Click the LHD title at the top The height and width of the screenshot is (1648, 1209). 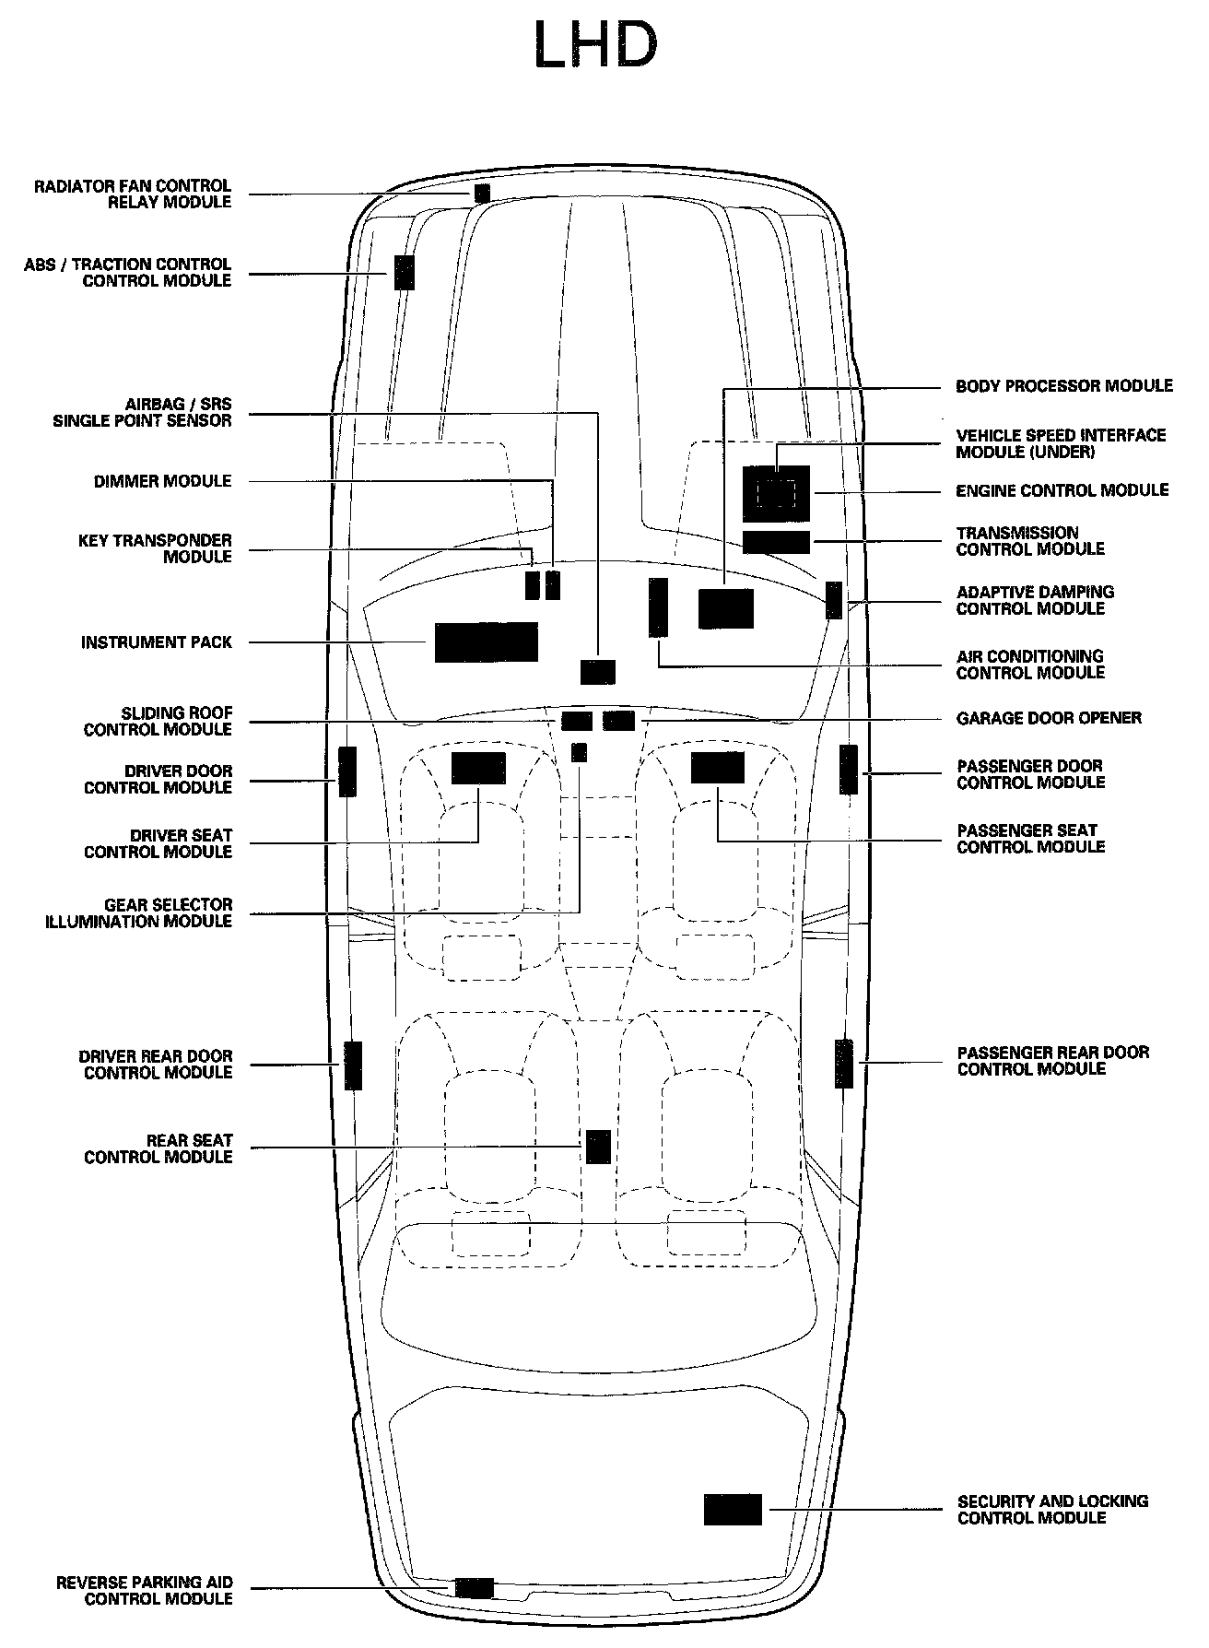[595, 46]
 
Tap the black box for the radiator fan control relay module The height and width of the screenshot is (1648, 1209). [482, 194]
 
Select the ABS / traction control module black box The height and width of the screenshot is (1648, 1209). [404, 272]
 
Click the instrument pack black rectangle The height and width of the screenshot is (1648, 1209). [486, 642]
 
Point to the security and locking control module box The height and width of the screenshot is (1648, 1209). [733, 1509]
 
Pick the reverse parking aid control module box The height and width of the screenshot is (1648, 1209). [474, 1587]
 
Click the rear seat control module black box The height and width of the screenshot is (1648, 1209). [598, 1146]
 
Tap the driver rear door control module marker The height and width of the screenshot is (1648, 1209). [353, 1065]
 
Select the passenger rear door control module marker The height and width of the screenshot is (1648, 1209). [844, 1063]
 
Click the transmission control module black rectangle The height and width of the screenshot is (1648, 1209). [776, 542]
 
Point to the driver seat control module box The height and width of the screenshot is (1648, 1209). [478, 768]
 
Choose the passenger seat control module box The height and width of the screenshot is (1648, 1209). [717, 768]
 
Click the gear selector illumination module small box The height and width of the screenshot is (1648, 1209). [579, 752]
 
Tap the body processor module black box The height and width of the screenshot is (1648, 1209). [726, 608]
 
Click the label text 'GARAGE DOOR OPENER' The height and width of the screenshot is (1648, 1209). [1049, 718]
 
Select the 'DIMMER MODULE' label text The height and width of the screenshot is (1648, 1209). [162, 481]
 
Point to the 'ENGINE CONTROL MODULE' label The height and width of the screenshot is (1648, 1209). [1062, 490]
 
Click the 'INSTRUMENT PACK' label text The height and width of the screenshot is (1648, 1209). [157, 642]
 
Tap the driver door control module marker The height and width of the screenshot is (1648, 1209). [347, 771]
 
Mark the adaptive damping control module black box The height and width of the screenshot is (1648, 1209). [834, 600]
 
